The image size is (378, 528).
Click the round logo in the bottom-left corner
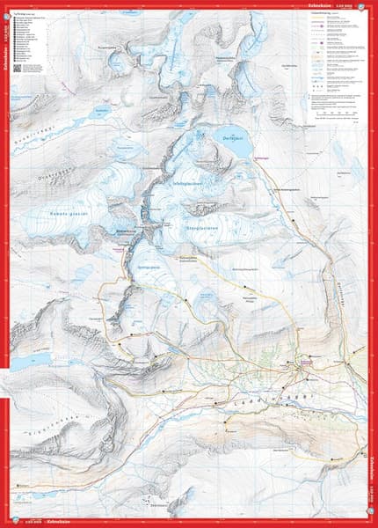pos(11,519)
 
